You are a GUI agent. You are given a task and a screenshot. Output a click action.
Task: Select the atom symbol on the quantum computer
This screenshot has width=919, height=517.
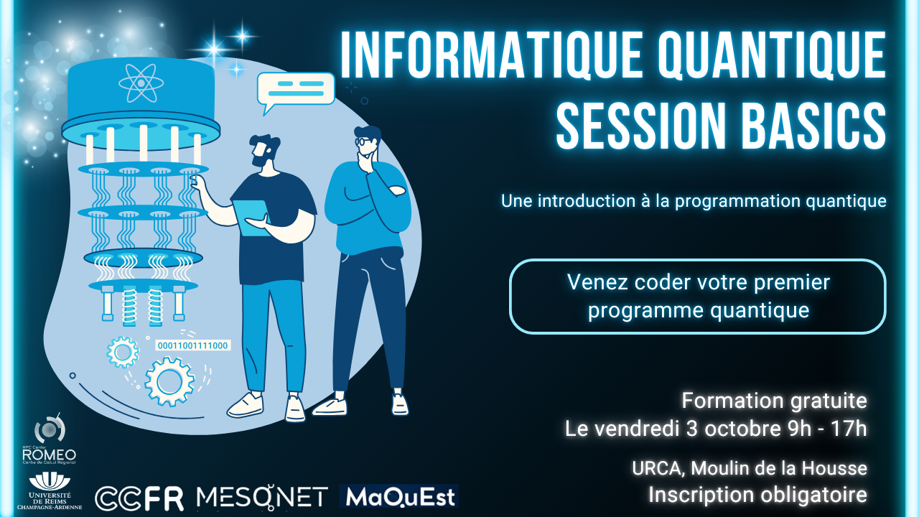click(141, 83)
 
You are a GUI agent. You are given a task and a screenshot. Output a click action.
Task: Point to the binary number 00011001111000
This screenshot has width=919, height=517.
click(193, 345)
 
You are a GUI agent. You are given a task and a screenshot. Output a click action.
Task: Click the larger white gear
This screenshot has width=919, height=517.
click(169, 381)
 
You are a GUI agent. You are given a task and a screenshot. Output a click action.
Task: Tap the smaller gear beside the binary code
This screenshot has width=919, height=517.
click(122, 352)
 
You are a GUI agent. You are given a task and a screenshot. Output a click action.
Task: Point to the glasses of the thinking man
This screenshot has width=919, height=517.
click(364, 141)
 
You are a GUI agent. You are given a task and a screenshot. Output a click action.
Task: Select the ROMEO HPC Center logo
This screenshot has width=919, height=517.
click(50, 439)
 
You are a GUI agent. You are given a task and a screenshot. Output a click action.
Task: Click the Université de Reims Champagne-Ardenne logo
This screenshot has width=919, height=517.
click(50, 490)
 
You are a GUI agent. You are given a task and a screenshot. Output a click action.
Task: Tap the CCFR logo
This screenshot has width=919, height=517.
click(139, 498)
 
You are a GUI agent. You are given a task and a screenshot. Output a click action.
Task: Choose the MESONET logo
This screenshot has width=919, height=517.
click(262, 497)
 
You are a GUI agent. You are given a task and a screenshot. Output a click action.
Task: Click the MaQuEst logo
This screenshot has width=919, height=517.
click(398, 496)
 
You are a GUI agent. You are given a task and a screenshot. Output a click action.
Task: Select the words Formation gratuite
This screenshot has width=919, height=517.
click(774, 401)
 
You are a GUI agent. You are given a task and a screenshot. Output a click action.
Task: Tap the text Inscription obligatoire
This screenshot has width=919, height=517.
click(757, 495)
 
